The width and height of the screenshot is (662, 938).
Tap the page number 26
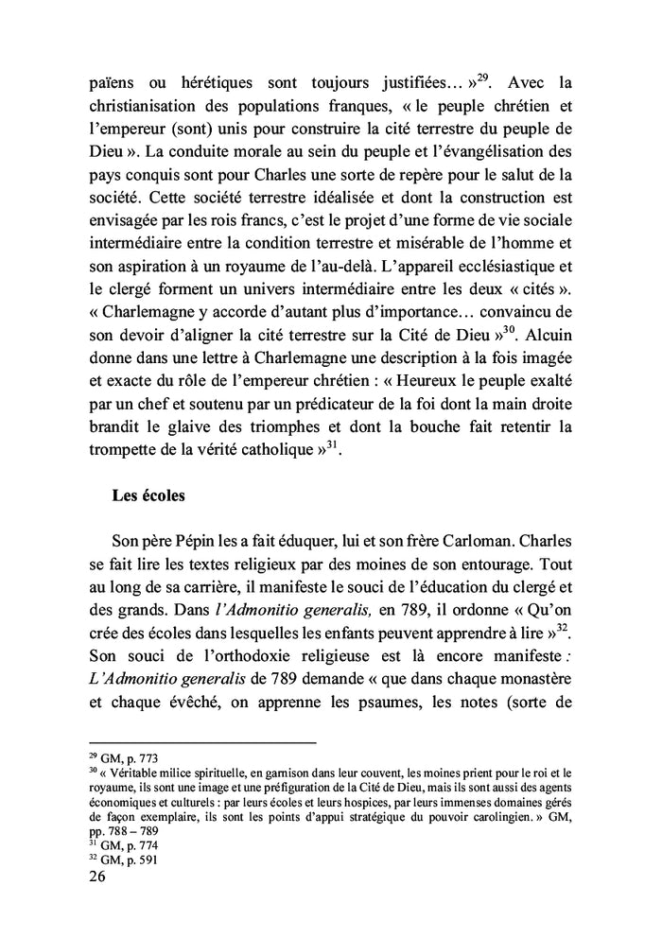[97, 876]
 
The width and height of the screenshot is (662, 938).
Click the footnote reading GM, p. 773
[121, 759]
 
